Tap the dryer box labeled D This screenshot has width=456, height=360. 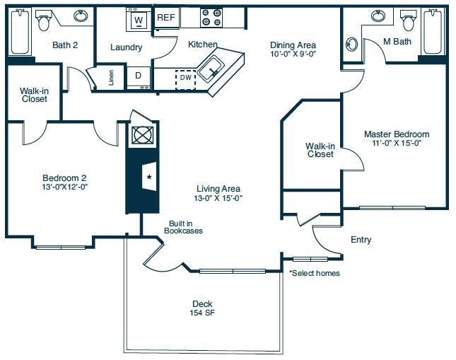click(137, 75)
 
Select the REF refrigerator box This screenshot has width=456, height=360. click(166, 17)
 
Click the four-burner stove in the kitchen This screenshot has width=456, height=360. click(211, 17)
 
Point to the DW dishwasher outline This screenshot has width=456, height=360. click(185, 79)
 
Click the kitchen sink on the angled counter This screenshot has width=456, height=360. click(210, 69)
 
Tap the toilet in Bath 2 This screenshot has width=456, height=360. click(44, 21)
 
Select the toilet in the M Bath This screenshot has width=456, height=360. click(407, 21)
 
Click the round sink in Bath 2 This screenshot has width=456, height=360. click(81, 16)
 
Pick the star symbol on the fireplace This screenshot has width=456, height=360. click(149, 177)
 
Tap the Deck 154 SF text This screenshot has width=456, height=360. click(201, 308)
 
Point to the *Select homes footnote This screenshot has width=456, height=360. click(314, 273)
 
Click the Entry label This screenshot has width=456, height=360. click(361, 240)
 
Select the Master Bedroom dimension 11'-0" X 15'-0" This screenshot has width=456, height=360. click(397, 143)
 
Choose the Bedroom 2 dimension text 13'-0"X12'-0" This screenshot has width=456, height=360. click(64, 187)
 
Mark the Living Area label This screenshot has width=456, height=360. click(219, 188)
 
